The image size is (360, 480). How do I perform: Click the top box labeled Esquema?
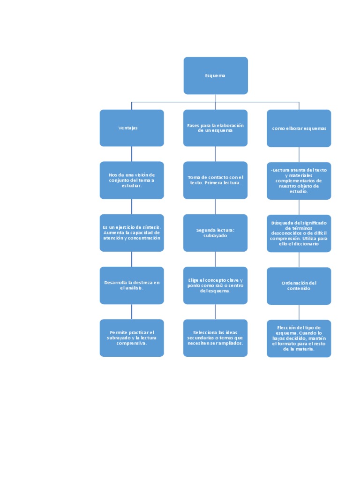click(x=215, y=75)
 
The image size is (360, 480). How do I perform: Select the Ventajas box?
click(x=131, y=128)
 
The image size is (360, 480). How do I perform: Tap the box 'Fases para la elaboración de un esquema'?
click(x=215, y=128)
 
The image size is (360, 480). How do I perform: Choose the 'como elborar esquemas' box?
click(x=299, y=128)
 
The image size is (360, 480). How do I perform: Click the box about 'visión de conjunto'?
click(x=131, y=180)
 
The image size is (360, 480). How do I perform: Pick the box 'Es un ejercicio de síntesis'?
click(x=131, y=232)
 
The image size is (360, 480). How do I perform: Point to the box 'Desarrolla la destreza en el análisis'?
click(x=131, y=285)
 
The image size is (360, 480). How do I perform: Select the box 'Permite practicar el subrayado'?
click(x=131, y=337)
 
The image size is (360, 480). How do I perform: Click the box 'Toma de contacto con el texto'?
click(x=215, y=180)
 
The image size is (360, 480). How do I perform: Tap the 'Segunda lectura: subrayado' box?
click(x=215, y=232)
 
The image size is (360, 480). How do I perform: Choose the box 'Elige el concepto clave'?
click(x=215, y=285)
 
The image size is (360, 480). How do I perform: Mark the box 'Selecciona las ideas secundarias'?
click(x=215, y=337)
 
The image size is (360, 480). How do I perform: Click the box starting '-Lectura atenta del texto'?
click(x=299, y=180)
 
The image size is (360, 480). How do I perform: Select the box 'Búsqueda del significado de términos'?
click(x=299, y=233)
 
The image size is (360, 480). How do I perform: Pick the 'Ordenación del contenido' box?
click(x=299, y=285)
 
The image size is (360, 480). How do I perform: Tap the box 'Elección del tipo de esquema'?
click(x=299, y=338)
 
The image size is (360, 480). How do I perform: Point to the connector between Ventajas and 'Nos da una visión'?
click(x=131, y=154)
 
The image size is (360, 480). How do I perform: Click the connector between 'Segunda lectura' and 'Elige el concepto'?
click(x=215, y=259)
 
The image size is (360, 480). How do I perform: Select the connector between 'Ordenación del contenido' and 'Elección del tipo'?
click(x=299, y=312)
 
